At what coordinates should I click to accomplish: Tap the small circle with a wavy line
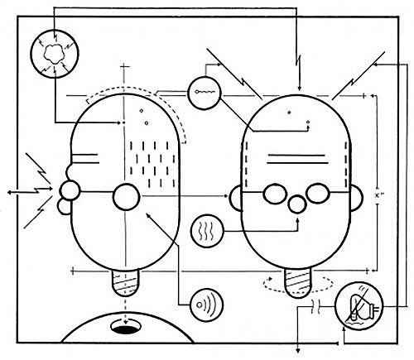pyautogui.click(x=203, y=93)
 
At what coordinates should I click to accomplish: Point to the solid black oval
pyautogui.click(x=126, y=330)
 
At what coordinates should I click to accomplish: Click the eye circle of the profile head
pyautogui.click(x=127, y=197)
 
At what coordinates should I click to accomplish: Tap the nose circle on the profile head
pyautogui.click(x=70, y=192)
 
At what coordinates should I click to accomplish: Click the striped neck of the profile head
pyautogui.click(x=127, y=282)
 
